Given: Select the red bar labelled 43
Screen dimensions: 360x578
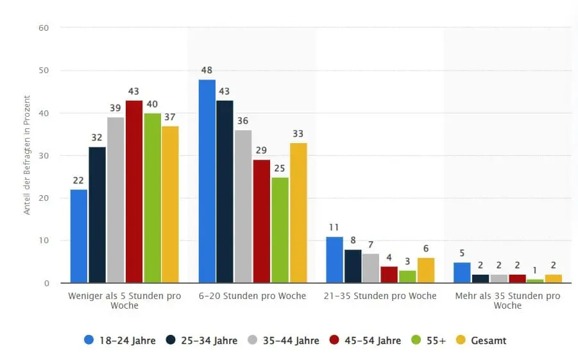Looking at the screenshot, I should (x=134, y=191).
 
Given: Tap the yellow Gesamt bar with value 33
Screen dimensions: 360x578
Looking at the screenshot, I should (x=298, y=212).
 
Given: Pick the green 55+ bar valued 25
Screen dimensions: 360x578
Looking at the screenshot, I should (x=280, y=230).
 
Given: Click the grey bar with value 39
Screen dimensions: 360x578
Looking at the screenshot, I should (x=115, y=200).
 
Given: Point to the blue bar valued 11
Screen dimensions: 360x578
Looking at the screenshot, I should (x=334, y=260).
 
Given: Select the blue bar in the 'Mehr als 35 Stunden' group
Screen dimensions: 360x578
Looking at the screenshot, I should (x=462, y=272).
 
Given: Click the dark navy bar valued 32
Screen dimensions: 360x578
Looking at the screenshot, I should (x=98, y=215).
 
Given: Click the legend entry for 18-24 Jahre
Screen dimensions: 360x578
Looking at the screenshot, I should (x=120, y=341).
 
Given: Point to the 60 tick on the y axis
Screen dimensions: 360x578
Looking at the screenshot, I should (x=44, y=28).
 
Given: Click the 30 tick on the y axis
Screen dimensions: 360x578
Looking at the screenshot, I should (x=44, y=155).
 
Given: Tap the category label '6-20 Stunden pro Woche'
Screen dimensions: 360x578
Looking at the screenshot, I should (x=251, y=296).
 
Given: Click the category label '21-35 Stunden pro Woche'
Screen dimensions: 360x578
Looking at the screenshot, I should (x=380, y=296).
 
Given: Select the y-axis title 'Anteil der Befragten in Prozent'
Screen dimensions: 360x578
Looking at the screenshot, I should (x=27, y=155).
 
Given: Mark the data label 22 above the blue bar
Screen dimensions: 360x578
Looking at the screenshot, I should (x=79, y=180).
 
